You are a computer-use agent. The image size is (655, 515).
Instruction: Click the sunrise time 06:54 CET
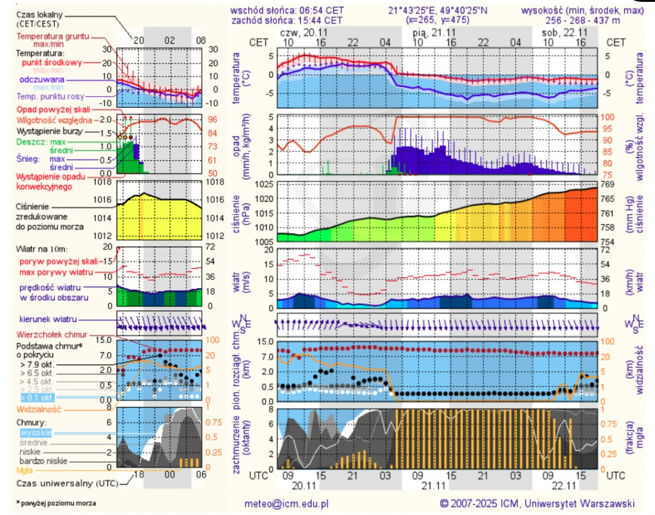(325, 10)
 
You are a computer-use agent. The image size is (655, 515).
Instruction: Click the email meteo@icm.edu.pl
(286, 504)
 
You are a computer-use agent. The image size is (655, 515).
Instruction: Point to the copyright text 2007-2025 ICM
(486, 504)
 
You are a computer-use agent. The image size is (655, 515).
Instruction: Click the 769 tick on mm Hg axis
(607, 184)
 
